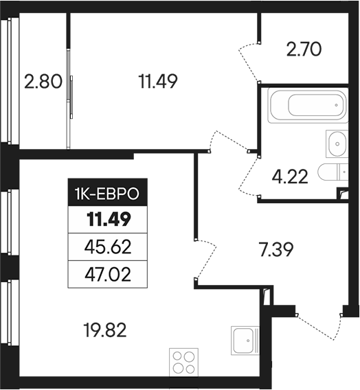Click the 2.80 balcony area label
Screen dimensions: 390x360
pos(43,82)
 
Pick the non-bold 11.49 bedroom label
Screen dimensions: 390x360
pos(158,82)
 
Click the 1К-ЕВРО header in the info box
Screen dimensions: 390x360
pos(108,195)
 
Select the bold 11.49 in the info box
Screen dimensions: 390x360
pos(108,220)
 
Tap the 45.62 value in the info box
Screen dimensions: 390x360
pos(108,246)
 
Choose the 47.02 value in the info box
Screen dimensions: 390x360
pos(108,275)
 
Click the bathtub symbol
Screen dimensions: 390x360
pos(307,105)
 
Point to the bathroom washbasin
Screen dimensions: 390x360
pos(337,144)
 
